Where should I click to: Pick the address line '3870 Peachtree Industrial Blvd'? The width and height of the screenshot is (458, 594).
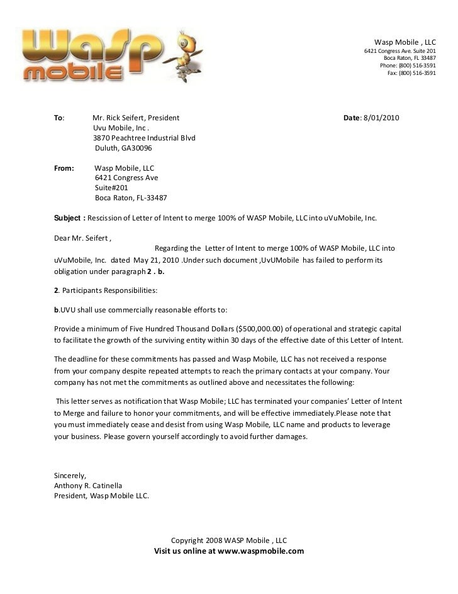pyautogui.click(x=144, y=139)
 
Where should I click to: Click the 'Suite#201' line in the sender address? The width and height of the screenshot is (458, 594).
pyautogui.click(x=111, y=188)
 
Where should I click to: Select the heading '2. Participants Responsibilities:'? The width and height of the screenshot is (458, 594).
pyautogui.click(x=98, y=290)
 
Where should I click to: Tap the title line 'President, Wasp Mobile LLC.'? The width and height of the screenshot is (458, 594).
pyautogui.click(x=101, y=495)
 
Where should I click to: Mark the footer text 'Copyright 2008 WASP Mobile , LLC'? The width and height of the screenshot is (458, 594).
pyautogui.click(x=229, y=540)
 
